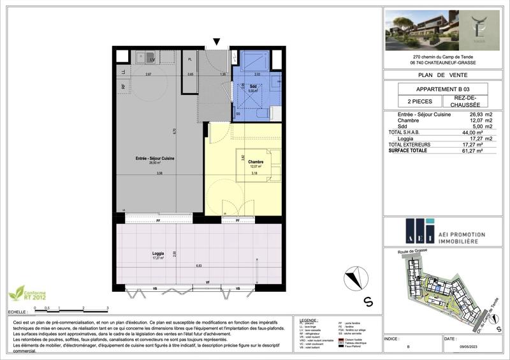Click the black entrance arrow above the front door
click(217, 42)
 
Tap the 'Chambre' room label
click(256, 162)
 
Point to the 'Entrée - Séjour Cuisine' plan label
click(155, 159)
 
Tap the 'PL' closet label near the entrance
click(190, 59)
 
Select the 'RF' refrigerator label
click(123, 87)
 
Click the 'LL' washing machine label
click(123, 71)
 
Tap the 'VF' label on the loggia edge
click(207, 282)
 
